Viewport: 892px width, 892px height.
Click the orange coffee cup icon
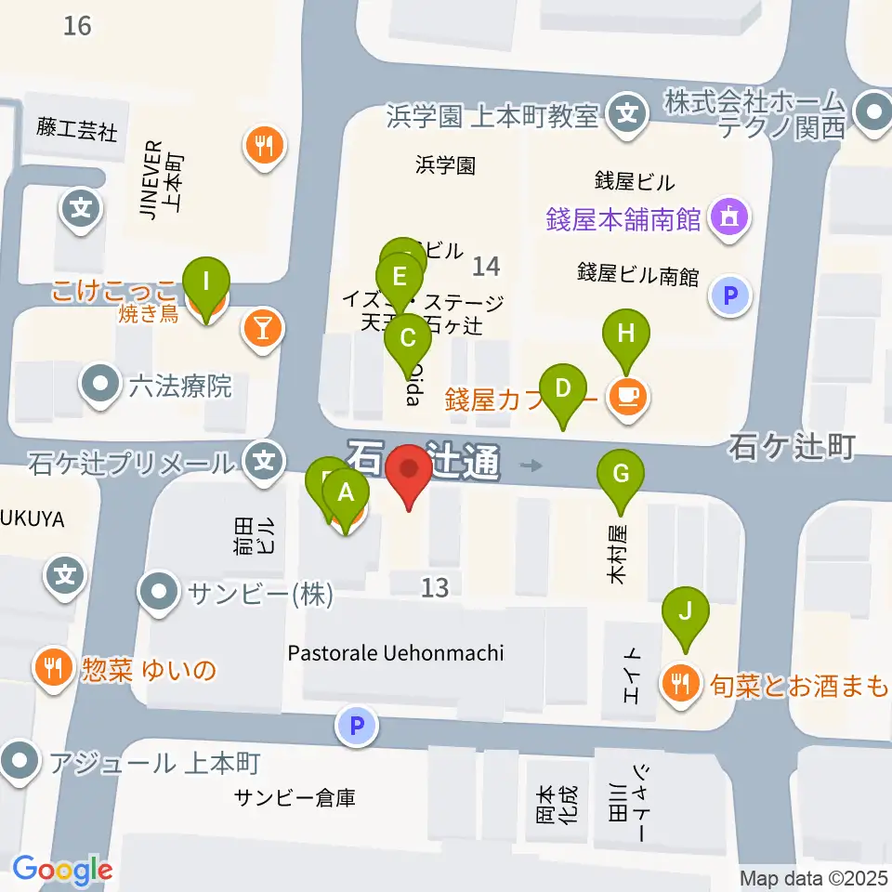tap(627, 398)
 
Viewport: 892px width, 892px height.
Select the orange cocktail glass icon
tap(264, 328)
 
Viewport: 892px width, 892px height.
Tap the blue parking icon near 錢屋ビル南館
tap(730, 297)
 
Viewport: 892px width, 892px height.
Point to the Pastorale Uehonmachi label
tap(396, 653)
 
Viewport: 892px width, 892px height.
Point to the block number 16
tap(78, 25)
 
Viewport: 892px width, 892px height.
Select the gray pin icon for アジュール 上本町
tap(20, 764)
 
